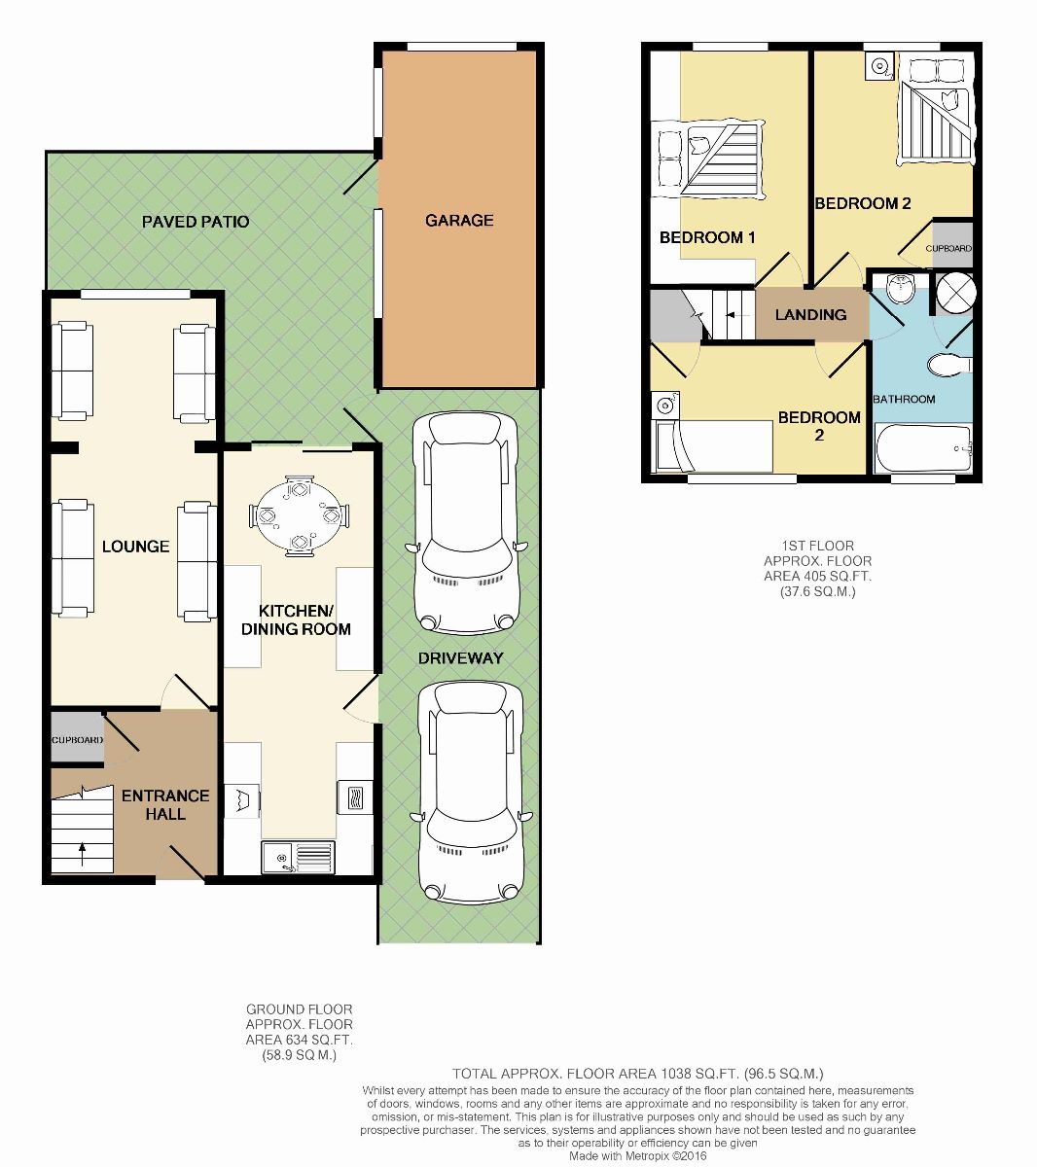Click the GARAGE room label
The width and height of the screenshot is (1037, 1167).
coord(459,220)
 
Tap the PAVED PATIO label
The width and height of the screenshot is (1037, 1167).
coord(196,222)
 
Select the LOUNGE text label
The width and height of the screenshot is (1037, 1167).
coord(135,547)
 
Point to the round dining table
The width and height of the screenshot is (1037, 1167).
coord(300,515)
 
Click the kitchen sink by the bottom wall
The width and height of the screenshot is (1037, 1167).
coord(298,857)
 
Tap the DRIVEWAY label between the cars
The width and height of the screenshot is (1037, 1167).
coord(460,657)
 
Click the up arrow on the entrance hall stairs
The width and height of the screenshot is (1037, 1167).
coord(82,854)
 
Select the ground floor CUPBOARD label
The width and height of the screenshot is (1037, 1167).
coord(77,740)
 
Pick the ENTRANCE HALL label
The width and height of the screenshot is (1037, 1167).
coord(165,804)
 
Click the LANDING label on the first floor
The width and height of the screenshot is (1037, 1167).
coord(810,314)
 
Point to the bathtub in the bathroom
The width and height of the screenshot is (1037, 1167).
coord(923,448)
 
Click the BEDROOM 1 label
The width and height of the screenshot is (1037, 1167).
coord(707,237)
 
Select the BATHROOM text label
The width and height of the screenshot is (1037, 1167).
coord(904,399)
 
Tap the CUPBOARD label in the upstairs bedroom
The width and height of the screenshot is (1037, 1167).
coord(948,248)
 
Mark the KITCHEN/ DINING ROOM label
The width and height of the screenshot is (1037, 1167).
coord(296,619)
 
